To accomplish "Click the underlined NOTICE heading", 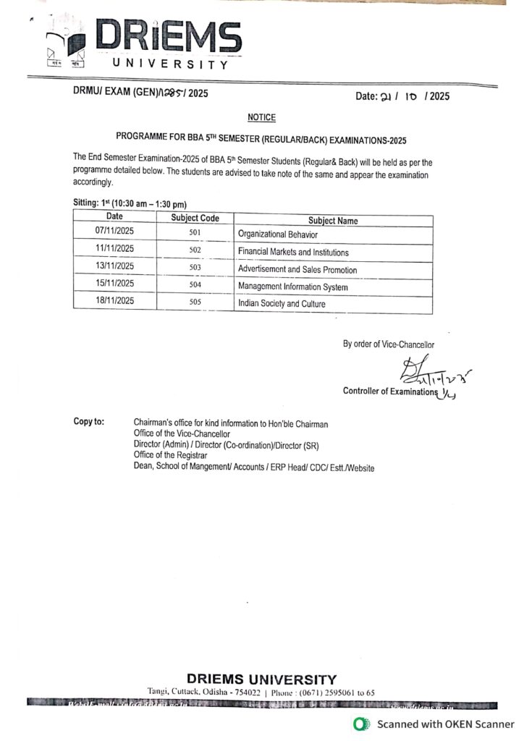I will pos(261,117).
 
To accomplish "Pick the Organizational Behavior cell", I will pos(278,234).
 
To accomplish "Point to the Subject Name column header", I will pos(333,221).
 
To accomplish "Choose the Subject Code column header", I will pos(195,218).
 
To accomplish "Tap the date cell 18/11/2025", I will pos(115,300).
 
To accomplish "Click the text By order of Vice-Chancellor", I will pos(389,344).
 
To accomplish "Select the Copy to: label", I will pos(89,421).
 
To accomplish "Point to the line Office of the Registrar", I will pos(170,455).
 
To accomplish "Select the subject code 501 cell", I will pos(194,232).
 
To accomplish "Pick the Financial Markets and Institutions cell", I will pos(293,252).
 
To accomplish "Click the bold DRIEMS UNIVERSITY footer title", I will pos(261,679).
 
